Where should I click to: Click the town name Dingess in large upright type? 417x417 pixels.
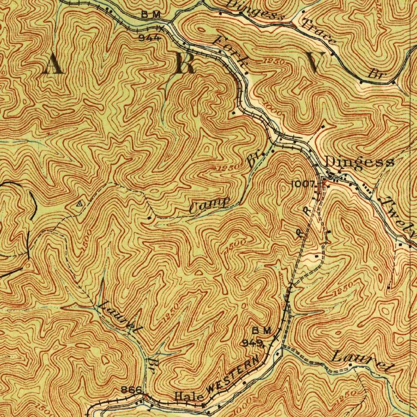[360, 162]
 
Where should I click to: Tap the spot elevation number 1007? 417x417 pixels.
[303, 184]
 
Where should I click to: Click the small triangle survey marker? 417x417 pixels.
[80, 202]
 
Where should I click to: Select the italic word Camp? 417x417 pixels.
[210, 205]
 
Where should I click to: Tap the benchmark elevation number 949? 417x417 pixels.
[252, 342]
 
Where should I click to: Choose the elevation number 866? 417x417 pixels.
[132, 390]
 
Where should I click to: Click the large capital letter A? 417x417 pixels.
[53, 64]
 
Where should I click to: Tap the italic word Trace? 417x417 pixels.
[319, 31]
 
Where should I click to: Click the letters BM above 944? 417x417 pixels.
[151, 15]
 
